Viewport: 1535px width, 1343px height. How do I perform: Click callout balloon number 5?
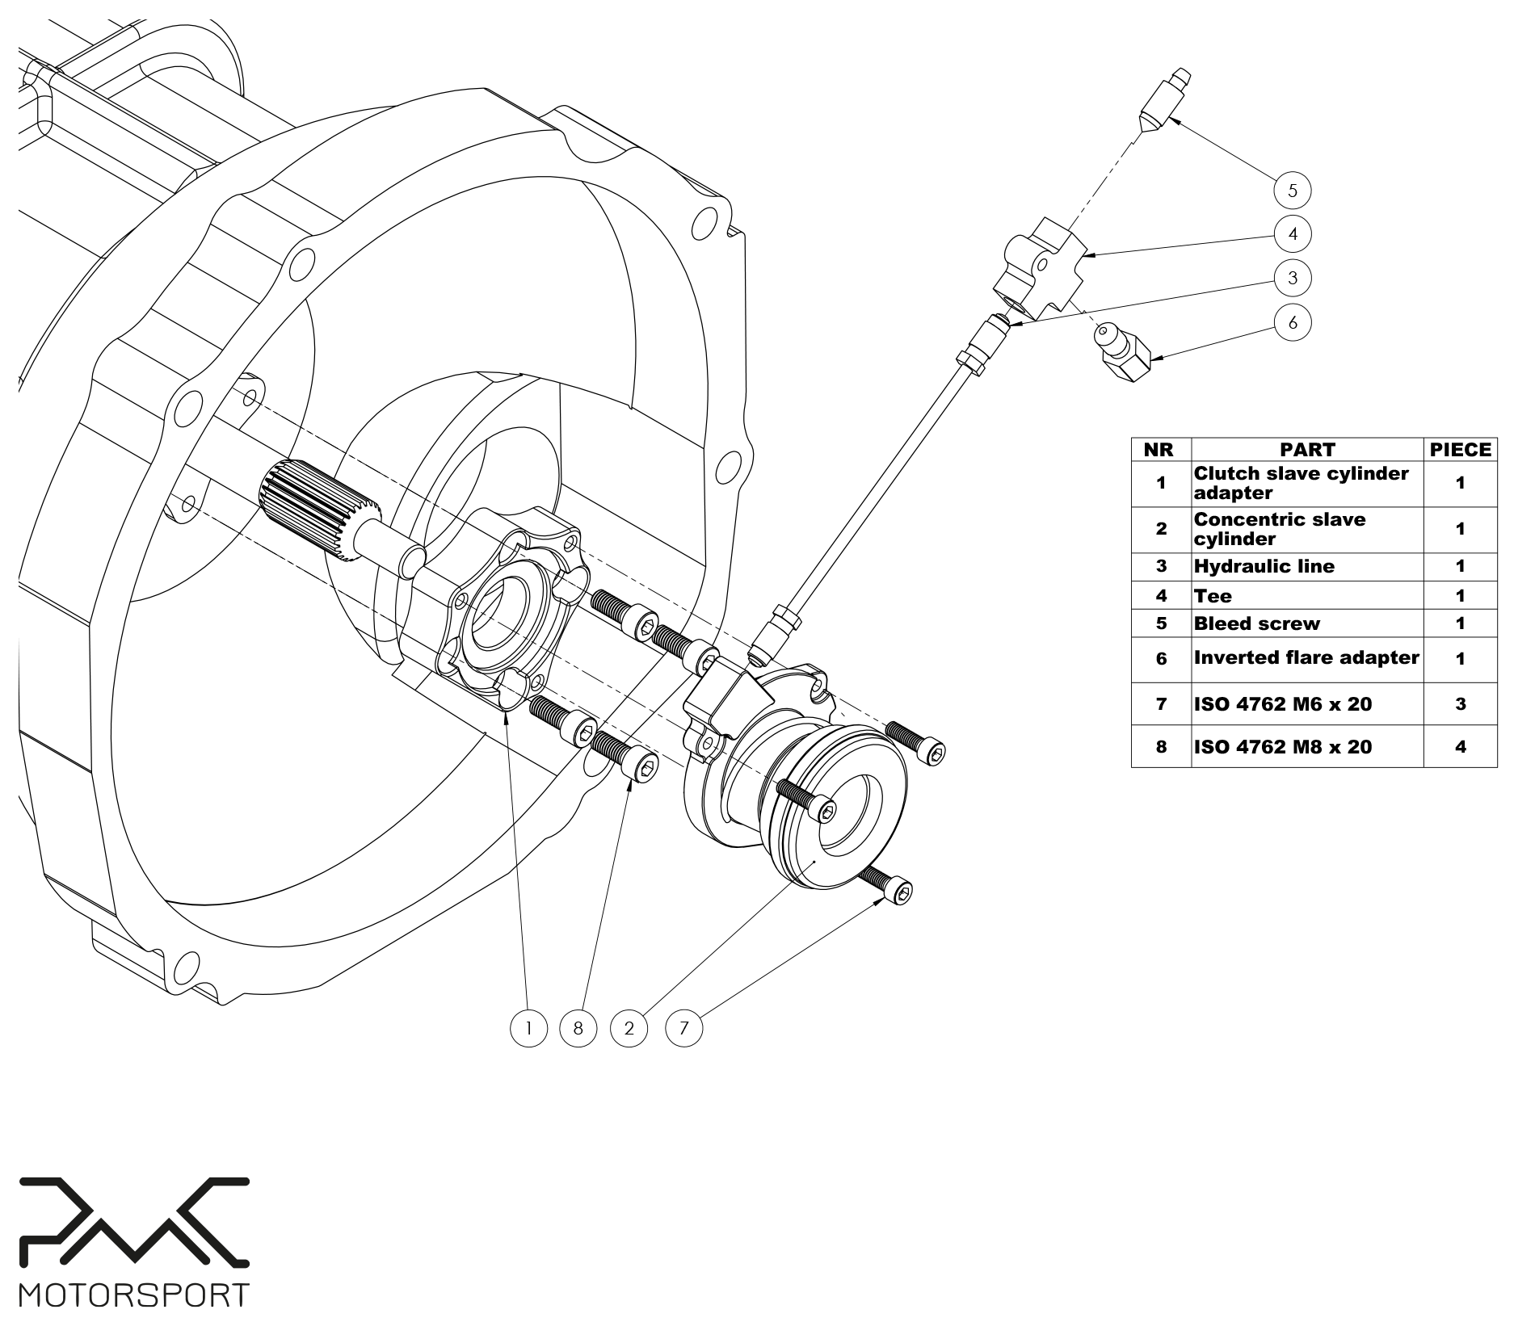1292,191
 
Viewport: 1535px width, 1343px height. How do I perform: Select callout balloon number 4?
1292,234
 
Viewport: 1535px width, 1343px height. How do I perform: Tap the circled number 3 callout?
1292,278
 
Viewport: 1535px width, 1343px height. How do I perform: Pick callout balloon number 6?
1292,322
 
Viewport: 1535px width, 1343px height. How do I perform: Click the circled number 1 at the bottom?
528,1028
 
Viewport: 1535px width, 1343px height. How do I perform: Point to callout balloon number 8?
578,1028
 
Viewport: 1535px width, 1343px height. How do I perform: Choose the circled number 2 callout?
629,1028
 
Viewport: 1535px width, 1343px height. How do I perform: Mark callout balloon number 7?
683,1028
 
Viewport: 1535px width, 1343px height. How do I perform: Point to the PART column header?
1306,450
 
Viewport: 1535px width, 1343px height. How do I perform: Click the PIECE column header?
1460,450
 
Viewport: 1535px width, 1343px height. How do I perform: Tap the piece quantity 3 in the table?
1460,704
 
